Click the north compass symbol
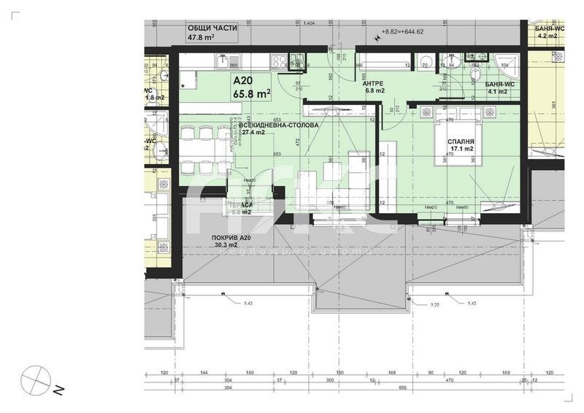point(35,379)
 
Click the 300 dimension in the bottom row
point(330,380)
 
